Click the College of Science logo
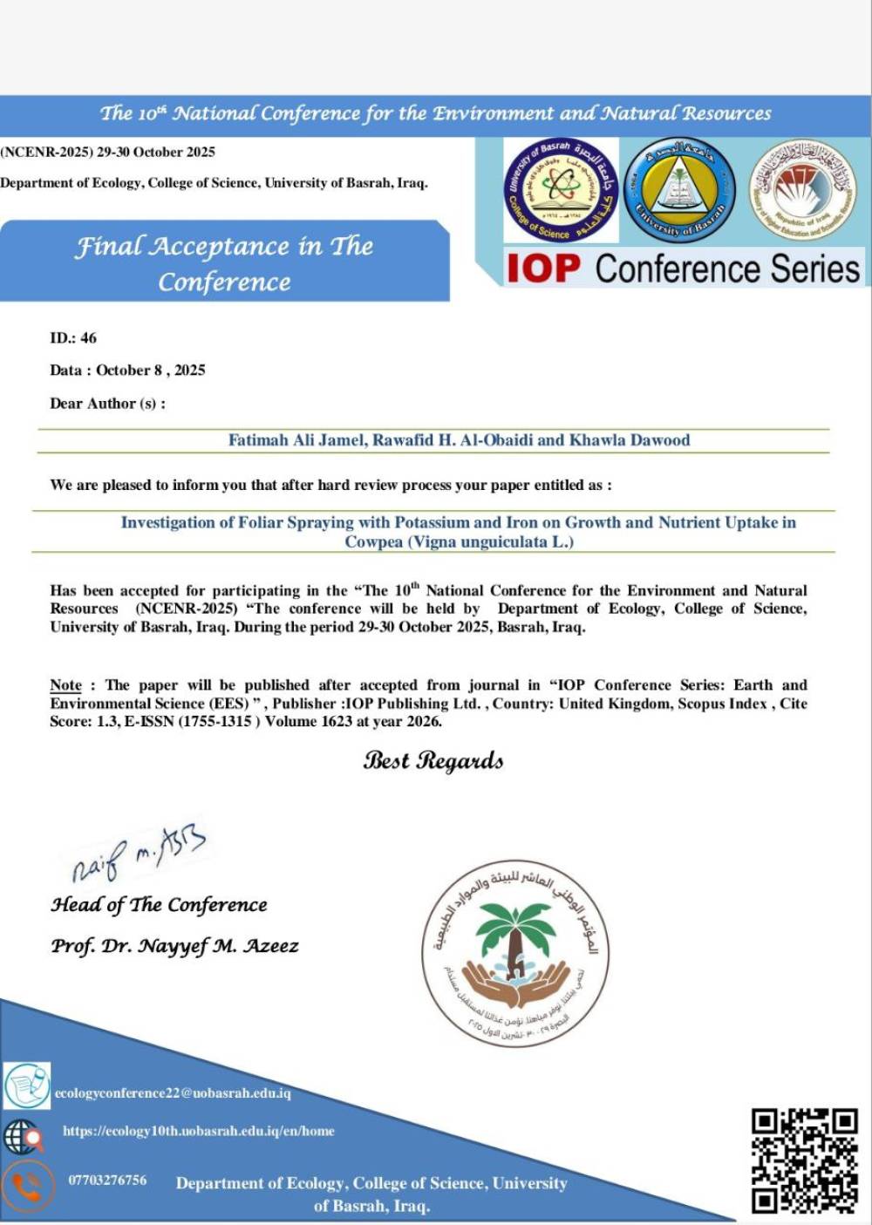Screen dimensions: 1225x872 click(x=562, y=189)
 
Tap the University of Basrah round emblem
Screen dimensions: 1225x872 click(x=680, y=189)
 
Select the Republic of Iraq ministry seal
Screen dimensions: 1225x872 click(x=803, y=189)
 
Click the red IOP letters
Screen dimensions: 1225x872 click(x=543, y=269)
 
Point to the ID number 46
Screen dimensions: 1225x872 click(x=88, y=338)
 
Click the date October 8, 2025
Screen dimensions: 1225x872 click(x=151, y=371)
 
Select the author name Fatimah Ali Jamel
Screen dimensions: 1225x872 click(x=296, y=440)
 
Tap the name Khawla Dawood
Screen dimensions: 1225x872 click(x=630, y=440)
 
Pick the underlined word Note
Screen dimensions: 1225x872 click(x=65, y=685)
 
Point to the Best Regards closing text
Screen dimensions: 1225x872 click(x=433, y=760)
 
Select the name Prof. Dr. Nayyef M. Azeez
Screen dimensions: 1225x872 click(x=174, y=946)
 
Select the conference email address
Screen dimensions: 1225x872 click(x=173, y=1093)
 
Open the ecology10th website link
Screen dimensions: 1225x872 click(x=198, y=1132)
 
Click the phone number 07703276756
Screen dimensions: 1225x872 click(x=107, y=1181)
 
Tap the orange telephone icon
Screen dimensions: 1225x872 click(x=26, y=1186)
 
